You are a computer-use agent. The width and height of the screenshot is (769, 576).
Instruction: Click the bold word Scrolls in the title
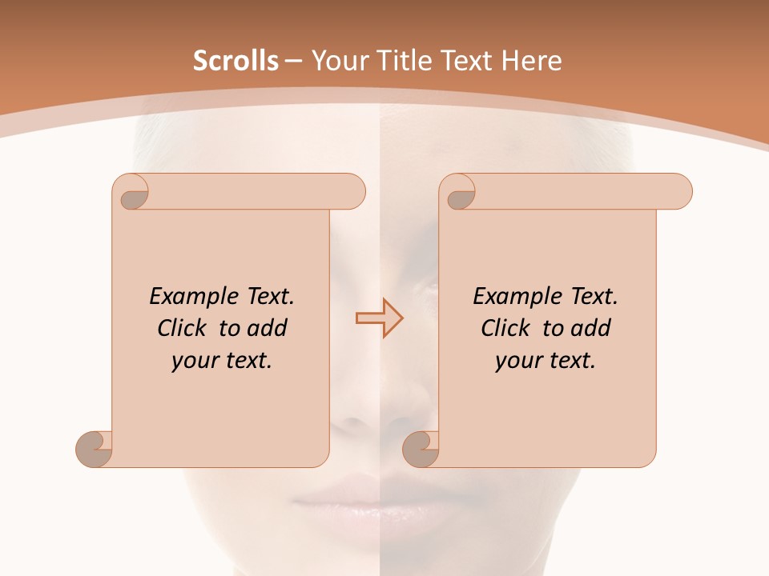(236, 61)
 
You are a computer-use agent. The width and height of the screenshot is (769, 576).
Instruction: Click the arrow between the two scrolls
(379, 318)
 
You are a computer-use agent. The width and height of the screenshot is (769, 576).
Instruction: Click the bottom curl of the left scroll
(94, 449)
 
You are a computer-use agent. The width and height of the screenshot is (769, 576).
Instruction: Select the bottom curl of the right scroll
(421, 449)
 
